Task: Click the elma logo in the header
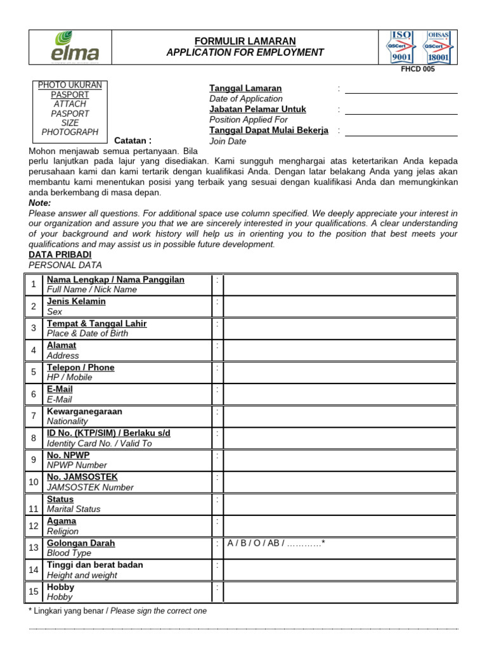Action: (75, 48)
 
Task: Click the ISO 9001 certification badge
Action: (400, 48)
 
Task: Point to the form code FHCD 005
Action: (418, 70)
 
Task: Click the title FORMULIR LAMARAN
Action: (245, 41)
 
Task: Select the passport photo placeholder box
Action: (70, 112)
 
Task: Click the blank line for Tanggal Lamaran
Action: (401, 89)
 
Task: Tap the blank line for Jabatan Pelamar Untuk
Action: (401, 110)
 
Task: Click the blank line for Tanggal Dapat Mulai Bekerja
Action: (401, 131)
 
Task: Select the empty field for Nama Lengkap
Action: (339, 285)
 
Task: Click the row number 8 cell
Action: (33, 439)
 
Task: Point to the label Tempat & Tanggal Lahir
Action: (96, 324)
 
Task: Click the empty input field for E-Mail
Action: (339, 394)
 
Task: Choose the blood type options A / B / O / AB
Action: (276, 543)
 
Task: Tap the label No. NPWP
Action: (68, 456)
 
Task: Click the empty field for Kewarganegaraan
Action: (339, 416)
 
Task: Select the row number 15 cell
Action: (33, 592)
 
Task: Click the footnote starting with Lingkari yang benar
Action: (118, 611)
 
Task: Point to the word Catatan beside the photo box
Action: (133, 141)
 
